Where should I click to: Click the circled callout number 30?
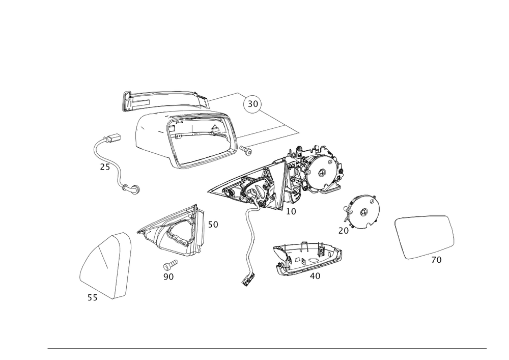coord(252,104)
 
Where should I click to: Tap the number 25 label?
coord(105,167)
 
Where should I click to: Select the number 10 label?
coord(291,211)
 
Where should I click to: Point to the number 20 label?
coord(343,231)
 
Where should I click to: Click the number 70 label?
coord(436,260)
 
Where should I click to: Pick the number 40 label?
coord(315,276)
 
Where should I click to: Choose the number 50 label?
coord(213,225)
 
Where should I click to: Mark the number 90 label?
coord(168,277)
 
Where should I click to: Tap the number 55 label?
coord(93,297)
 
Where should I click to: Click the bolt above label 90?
coord(171,264)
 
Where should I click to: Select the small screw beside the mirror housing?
coord(246,150)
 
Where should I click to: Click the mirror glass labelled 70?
coord(425,237)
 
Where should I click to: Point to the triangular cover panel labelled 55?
coord(105,265)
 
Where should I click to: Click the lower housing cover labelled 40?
coord(308,258)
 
